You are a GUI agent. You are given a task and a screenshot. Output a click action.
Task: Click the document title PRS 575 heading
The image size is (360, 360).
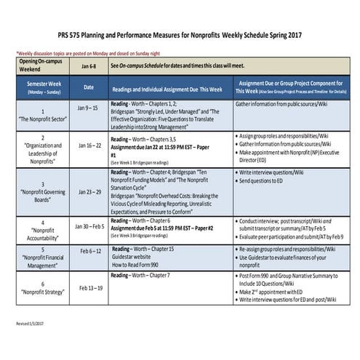[180, 35]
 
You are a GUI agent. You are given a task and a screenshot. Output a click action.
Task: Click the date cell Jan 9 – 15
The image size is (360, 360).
[89, 108]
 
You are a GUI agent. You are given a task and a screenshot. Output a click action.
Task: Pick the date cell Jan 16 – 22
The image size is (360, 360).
[89, 145]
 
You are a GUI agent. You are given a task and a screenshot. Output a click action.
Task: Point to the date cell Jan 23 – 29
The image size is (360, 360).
[89, 192]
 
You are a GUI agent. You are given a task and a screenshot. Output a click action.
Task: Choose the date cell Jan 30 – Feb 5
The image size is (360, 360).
[89, 226]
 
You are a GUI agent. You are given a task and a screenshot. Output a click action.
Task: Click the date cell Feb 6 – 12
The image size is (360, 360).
[89, 251]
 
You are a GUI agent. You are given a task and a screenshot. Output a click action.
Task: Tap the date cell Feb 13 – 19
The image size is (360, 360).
[89, 287]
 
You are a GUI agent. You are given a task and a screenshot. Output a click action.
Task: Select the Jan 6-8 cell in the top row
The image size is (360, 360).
[89, 65]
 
